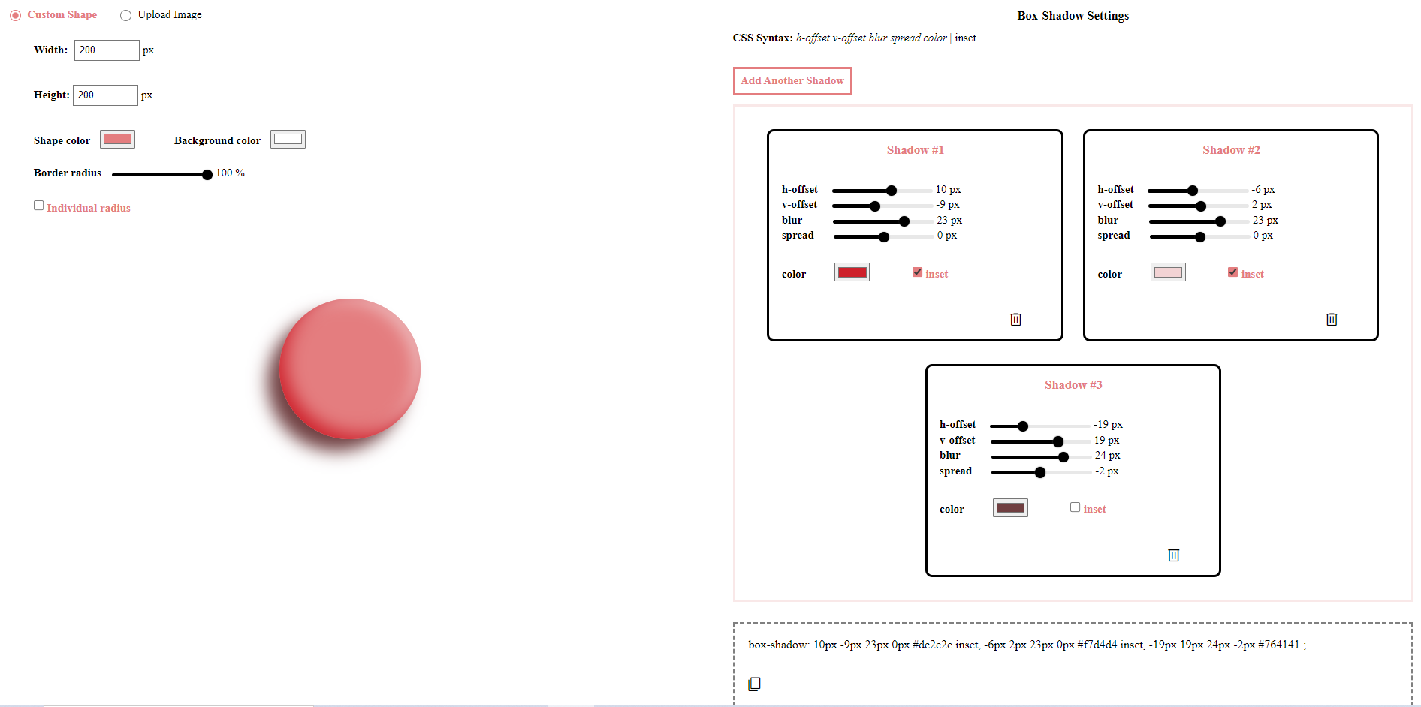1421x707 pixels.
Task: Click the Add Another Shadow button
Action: [x=792, y=81]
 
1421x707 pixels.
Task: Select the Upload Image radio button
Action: [x=126, y=15]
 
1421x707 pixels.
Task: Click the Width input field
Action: [x=107, y=50]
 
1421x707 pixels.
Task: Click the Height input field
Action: [x=105, y=95]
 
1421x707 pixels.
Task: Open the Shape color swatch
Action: [x=117, y=140]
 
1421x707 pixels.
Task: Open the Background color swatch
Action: [x=288, y=140]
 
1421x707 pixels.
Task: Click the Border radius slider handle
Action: [x=207, y=175]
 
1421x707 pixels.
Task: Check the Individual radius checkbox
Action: [x=39, y=206]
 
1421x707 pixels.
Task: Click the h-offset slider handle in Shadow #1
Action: [x=892, y=191]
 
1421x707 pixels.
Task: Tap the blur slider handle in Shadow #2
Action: [x=1220, y=221]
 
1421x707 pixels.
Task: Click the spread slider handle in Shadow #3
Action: [x=1040, y=473]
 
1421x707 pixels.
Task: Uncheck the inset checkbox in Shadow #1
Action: [x=918, y=272]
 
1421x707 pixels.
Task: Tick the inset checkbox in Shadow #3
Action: [x=1076, y=507]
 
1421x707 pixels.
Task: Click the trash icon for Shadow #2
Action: [x=1332, y=320]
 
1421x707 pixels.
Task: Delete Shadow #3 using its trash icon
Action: [x=1174, y=555]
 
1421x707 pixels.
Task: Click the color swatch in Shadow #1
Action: [x=852, y=272]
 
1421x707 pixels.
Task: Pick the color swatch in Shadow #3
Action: [x=1010, y=508]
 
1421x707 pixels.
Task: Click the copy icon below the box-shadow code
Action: [x=755, y=684]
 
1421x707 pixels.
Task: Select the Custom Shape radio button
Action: [x=16, y=15]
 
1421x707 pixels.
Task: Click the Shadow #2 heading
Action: [x=1231, y=150]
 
